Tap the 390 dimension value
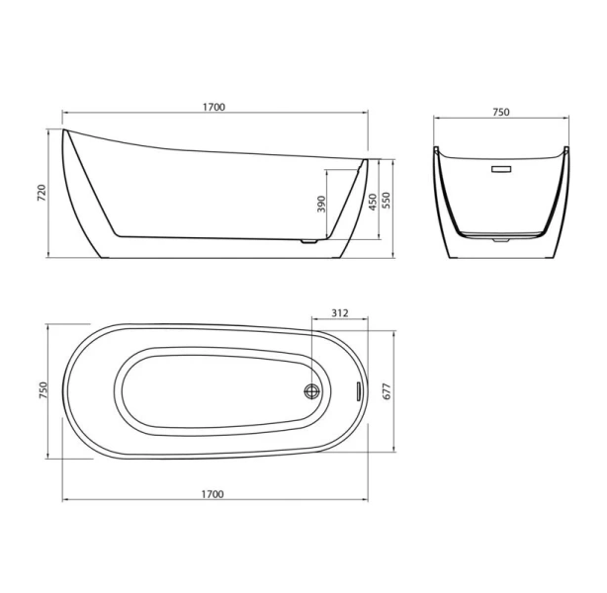click(320, 205)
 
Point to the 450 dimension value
click(371, 202)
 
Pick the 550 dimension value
click(388, 198)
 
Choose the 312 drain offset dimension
click(339, 313)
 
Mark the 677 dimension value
click(389, 389)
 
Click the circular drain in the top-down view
click(313, 390)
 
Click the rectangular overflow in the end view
click(502, 170)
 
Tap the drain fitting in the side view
click(308, 238)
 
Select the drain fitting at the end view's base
click(502, 237)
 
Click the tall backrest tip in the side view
click(66, 131)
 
